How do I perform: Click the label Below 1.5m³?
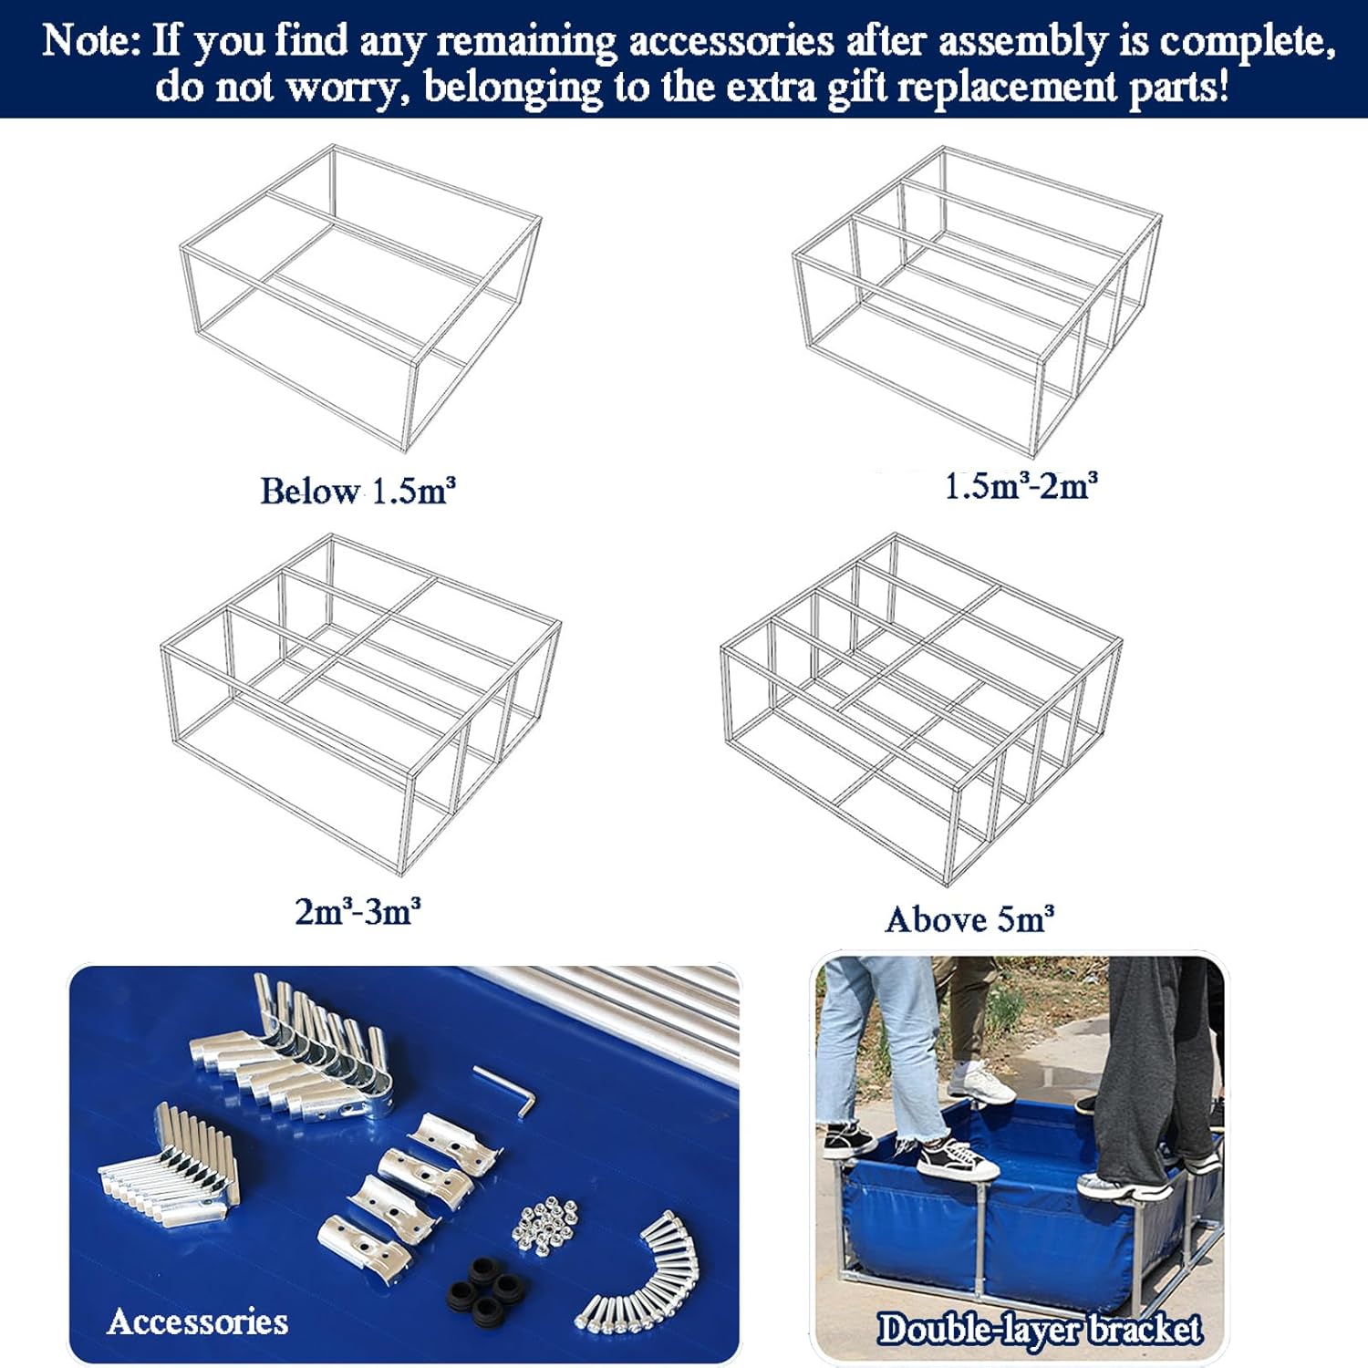358,491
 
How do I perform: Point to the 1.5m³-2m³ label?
1021,485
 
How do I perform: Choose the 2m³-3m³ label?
358,911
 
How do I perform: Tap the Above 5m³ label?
969,919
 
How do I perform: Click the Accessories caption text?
197,1321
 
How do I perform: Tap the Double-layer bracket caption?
1040,1330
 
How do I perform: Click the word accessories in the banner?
731,42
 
